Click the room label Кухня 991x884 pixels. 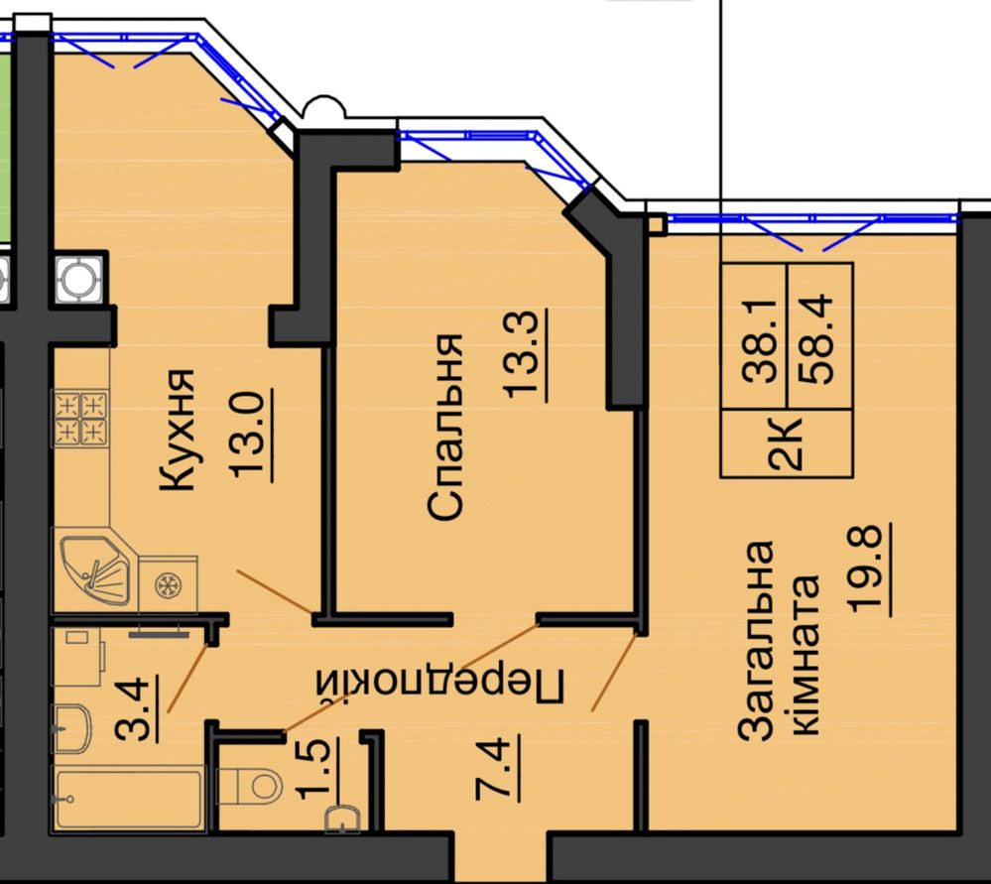pos(177,430)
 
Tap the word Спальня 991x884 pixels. pos(445,428)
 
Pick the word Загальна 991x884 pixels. pos(757,640)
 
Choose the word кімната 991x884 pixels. pos(805,655)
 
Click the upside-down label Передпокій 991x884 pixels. pos(440,685)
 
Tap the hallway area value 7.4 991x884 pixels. pos(497,769)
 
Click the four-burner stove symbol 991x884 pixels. pos(81,418)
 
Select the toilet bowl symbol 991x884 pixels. pos(250,786)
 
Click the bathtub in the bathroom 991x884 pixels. pos(128,799)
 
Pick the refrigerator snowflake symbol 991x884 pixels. pos(168,584)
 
